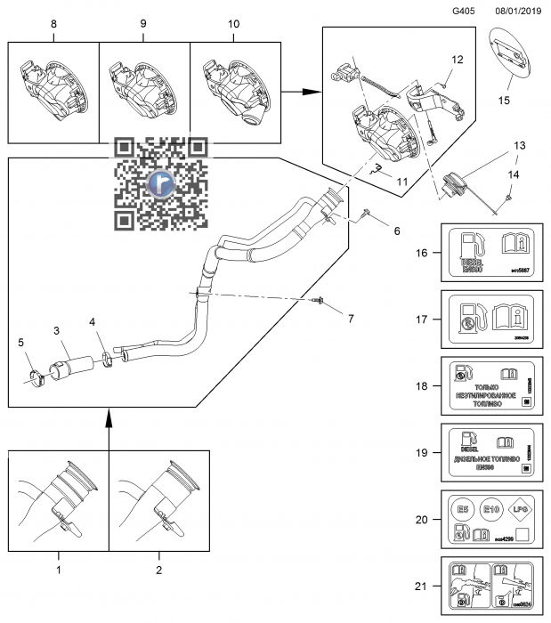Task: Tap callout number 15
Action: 504,101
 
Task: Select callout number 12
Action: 457,61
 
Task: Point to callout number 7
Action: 350,318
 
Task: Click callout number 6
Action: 397,231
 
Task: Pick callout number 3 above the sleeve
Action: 56,331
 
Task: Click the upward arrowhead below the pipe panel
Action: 108,416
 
